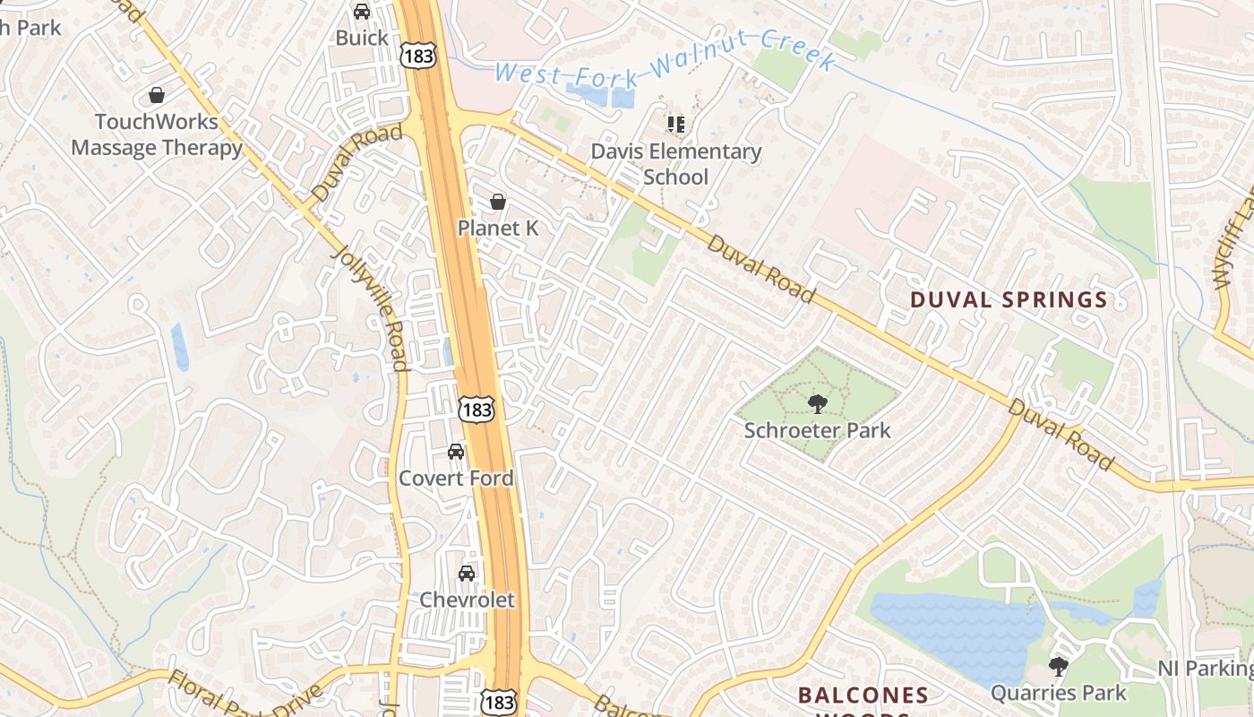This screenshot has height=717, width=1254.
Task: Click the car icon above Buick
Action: (x=362, y=12)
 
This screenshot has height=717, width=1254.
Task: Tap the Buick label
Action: (x=362, y=38)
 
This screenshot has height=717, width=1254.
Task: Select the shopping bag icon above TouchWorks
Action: (x=157, y=95)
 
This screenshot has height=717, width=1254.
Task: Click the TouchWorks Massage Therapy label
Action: (x=157, y=134)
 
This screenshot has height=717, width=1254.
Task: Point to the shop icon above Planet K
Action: (x=498, y=203)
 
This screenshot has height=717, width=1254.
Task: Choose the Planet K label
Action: (x=498, y=229)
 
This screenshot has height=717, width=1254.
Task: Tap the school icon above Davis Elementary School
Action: (x=675, y=125)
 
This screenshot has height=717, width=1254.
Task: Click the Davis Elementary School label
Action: (x=675, y=164)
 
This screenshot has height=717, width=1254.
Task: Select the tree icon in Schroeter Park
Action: (x=817, y=404)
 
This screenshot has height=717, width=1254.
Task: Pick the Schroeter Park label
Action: (x=817, y=430)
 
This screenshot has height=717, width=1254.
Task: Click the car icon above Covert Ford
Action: (x=456, y=452)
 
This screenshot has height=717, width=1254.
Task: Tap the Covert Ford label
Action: (x=456, y=478)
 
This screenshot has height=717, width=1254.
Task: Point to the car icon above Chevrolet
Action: (x=467, y=574)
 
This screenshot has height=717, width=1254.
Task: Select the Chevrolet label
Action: (x=467, y=600)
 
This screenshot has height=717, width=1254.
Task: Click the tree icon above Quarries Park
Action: (x=1058, y=667)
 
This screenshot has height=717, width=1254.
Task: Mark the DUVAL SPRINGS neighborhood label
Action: (x=1009, y=300)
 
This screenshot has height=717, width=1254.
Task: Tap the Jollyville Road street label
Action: (x=371, y=305)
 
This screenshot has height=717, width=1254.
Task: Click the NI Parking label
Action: (x=1205, y=669)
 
